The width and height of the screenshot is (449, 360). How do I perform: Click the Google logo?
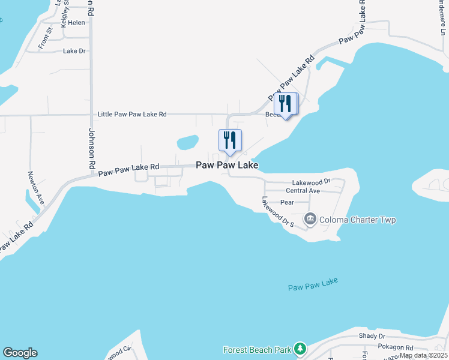pyautogui.click(x=20, y=353)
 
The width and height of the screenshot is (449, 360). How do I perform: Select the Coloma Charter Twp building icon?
pyautogui.click(x=310, y=219)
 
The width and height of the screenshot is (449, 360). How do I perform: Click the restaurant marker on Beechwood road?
pyautogui.click(x=285, y=104)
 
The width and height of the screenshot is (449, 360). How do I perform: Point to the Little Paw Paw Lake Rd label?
pyautogui.click(x=132, y=114)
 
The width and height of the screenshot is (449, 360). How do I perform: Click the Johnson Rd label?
pyautogui.click(x=92, y=148)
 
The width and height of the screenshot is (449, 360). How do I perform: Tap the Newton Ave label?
pyautogui.click(x=36, y=188)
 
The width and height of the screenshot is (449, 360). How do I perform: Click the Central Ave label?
pyautogui.click(x=303, y=191)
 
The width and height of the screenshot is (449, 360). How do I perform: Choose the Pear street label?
pyautogui.click(x=287, y=203)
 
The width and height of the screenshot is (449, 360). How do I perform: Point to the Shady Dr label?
pyautogui.click(x=372, y=337)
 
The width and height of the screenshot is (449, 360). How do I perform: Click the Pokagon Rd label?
pyautogui.click(x=396, y=347)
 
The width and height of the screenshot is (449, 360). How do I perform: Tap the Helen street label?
pyautogui.click(x=77, y=23)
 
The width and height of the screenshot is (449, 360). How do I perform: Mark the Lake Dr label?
pyautogui.click(x=75, y=51)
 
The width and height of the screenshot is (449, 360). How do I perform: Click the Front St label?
pyautogui.click(x=44, y=40)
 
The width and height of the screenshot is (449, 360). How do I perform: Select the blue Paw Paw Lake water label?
pyautogui.click(x=313, y=284)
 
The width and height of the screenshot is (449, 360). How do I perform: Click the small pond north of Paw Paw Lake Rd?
pyautogui.click(x=188, y=142)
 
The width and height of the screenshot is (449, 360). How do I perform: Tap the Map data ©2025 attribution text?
pyautogui.click(x=424, y=355)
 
